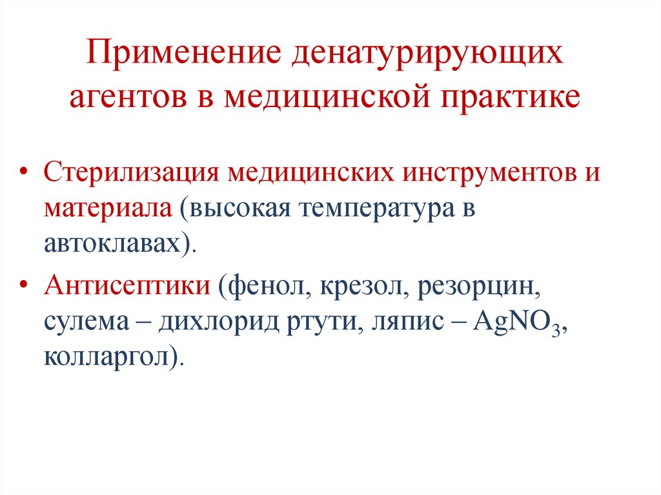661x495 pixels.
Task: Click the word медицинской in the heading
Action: click(x=329, y=95)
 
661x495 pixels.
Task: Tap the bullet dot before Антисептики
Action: click(x=24, y=285)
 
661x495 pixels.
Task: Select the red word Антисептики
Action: click(x=127, y=285)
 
